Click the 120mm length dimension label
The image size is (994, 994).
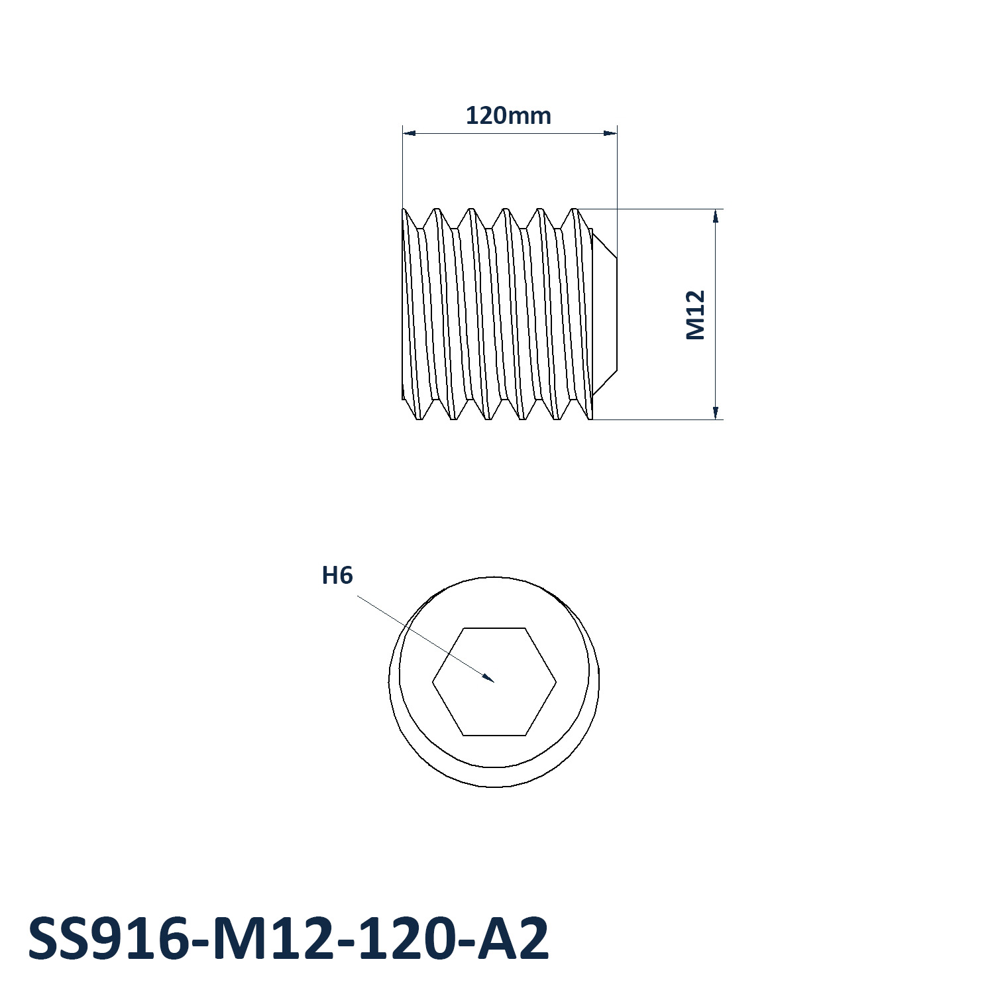point(508,116)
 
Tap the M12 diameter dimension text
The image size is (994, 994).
point(695,315)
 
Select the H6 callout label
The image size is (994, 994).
point(337,575)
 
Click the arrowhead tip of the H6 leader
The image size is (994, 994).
point(494,681)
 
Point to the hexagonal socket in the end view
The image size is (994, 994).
point(494,681)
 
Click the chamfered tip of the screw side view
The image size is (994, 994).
point(604,314)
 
